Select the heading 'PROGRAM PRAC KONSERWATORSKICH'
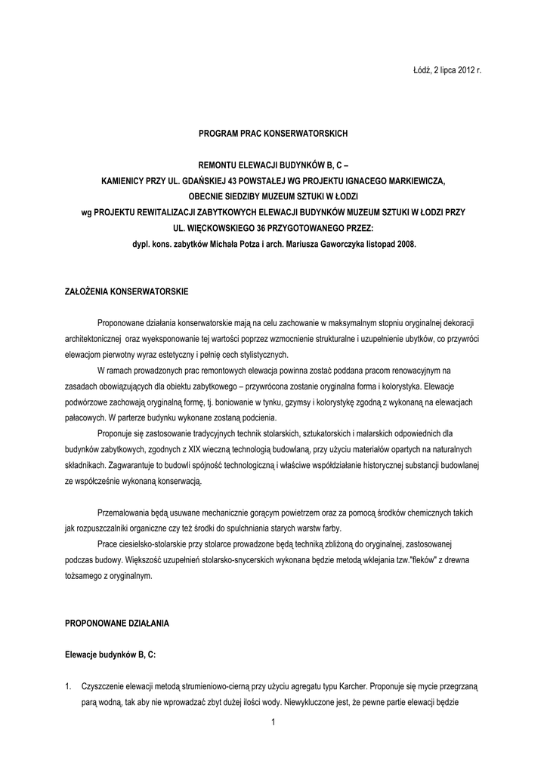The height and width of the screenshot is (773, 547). coord(273,133)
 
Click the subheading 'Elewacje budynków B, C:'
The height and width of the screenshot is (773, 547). coord(110,655)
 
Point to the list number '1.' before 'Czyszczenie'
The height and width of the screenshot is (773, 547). coord(70,687)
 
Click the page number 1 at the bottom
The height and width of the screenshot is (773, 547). coord(273,725)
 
